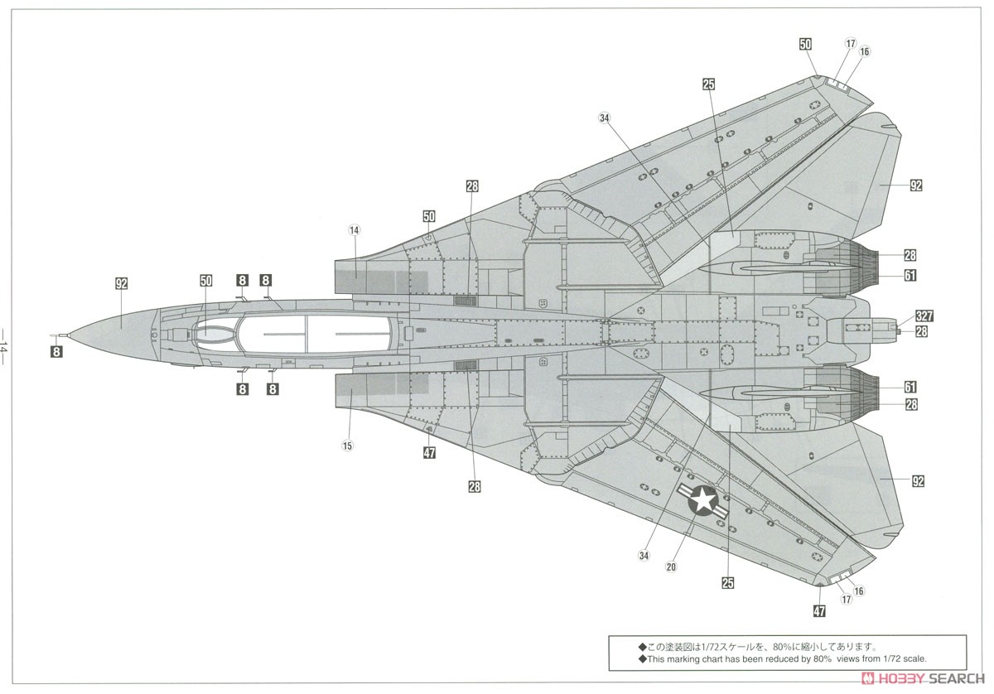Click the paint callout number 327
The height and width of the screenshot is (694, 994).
pyautogui.click(x=924, y=316)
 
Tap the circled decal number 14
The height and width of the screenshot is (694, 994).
pyautogui.click(x=354, y=229)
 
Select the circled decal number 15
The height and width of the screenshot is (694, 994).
pyautogui.click(x=347, y=446)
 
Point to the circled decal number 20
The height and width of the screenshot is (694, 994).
pyautogui.click(x=671, y=567)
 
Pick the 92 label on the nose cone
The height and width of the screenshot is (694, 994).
pyautogui.click(x=122, y=283)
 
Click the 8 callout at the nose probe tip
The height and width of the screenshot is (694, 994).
pyautogui.click(x=55, y=351)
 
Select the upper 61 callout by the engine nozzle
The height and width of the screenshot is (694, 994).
pyautogui.click(x=910, y=276)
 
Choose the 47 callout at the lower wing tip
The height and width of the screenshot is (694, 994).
pyautogui.click(x=819, y=612)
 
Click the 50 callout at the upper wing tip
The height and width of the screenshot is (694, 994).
pyautogui.click(x=805, y=45)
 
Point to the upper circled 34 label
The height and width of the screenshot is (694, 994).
pyautogui.click(x=604, y=118)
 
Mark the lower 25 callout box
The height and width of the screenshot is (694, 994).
pyautogui.click(x=727, y=583)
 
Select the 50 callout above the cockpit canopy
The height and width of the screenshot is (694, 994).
pyautogui.click(x=206, y=281)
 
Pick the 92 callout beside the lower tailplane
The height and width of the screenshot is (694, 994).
pyautogui.click(x=917, y=481)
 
